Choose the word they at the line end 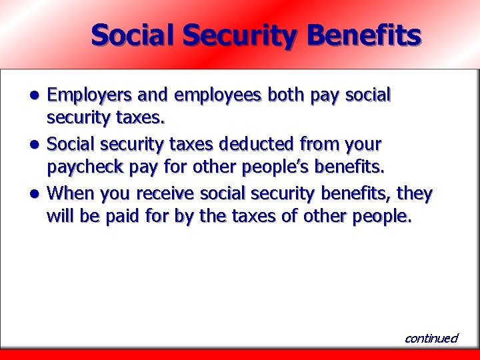point(415,194)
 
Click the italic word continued point(431,338)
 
